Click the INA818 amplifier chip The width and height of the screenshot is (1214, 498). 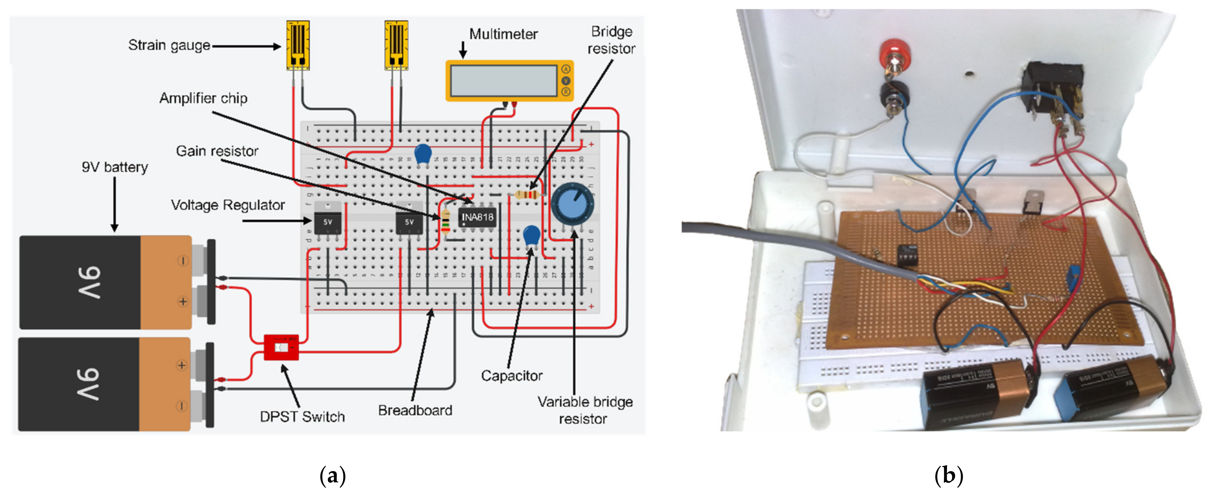click(477, 217)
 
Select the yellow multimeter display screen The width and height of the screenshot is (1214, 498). click(503, 81)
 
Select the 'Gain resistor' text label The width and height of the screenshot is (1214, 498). click(217, 151)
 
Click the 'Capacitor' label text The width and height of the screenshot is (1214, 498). click(511, 375)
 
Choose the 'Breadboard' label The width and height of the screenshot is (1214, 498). click(415, 411)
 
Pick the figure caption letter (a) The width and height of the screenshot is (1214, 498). click(333, 475)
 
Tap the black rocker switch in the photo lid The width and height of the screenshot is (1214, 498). click(1052, 89)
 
